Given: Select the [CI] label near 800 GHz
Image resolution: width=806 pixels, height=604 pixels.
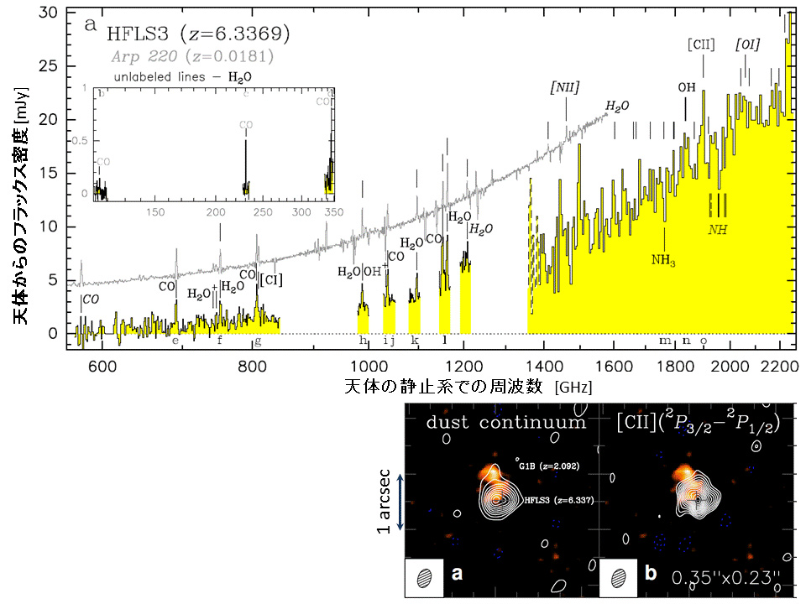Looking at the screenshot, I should pos(270,279).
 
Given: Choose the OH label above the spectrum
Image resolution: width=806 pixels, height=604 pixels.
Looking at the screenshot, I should pos(687,86).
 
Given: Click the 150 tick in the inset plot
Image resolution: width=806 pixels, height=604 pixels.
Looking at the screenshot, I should pos(155,212).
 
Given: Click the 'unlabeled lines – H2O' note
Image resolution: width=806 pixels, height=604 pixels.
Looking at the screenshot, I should pos(182,75).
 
